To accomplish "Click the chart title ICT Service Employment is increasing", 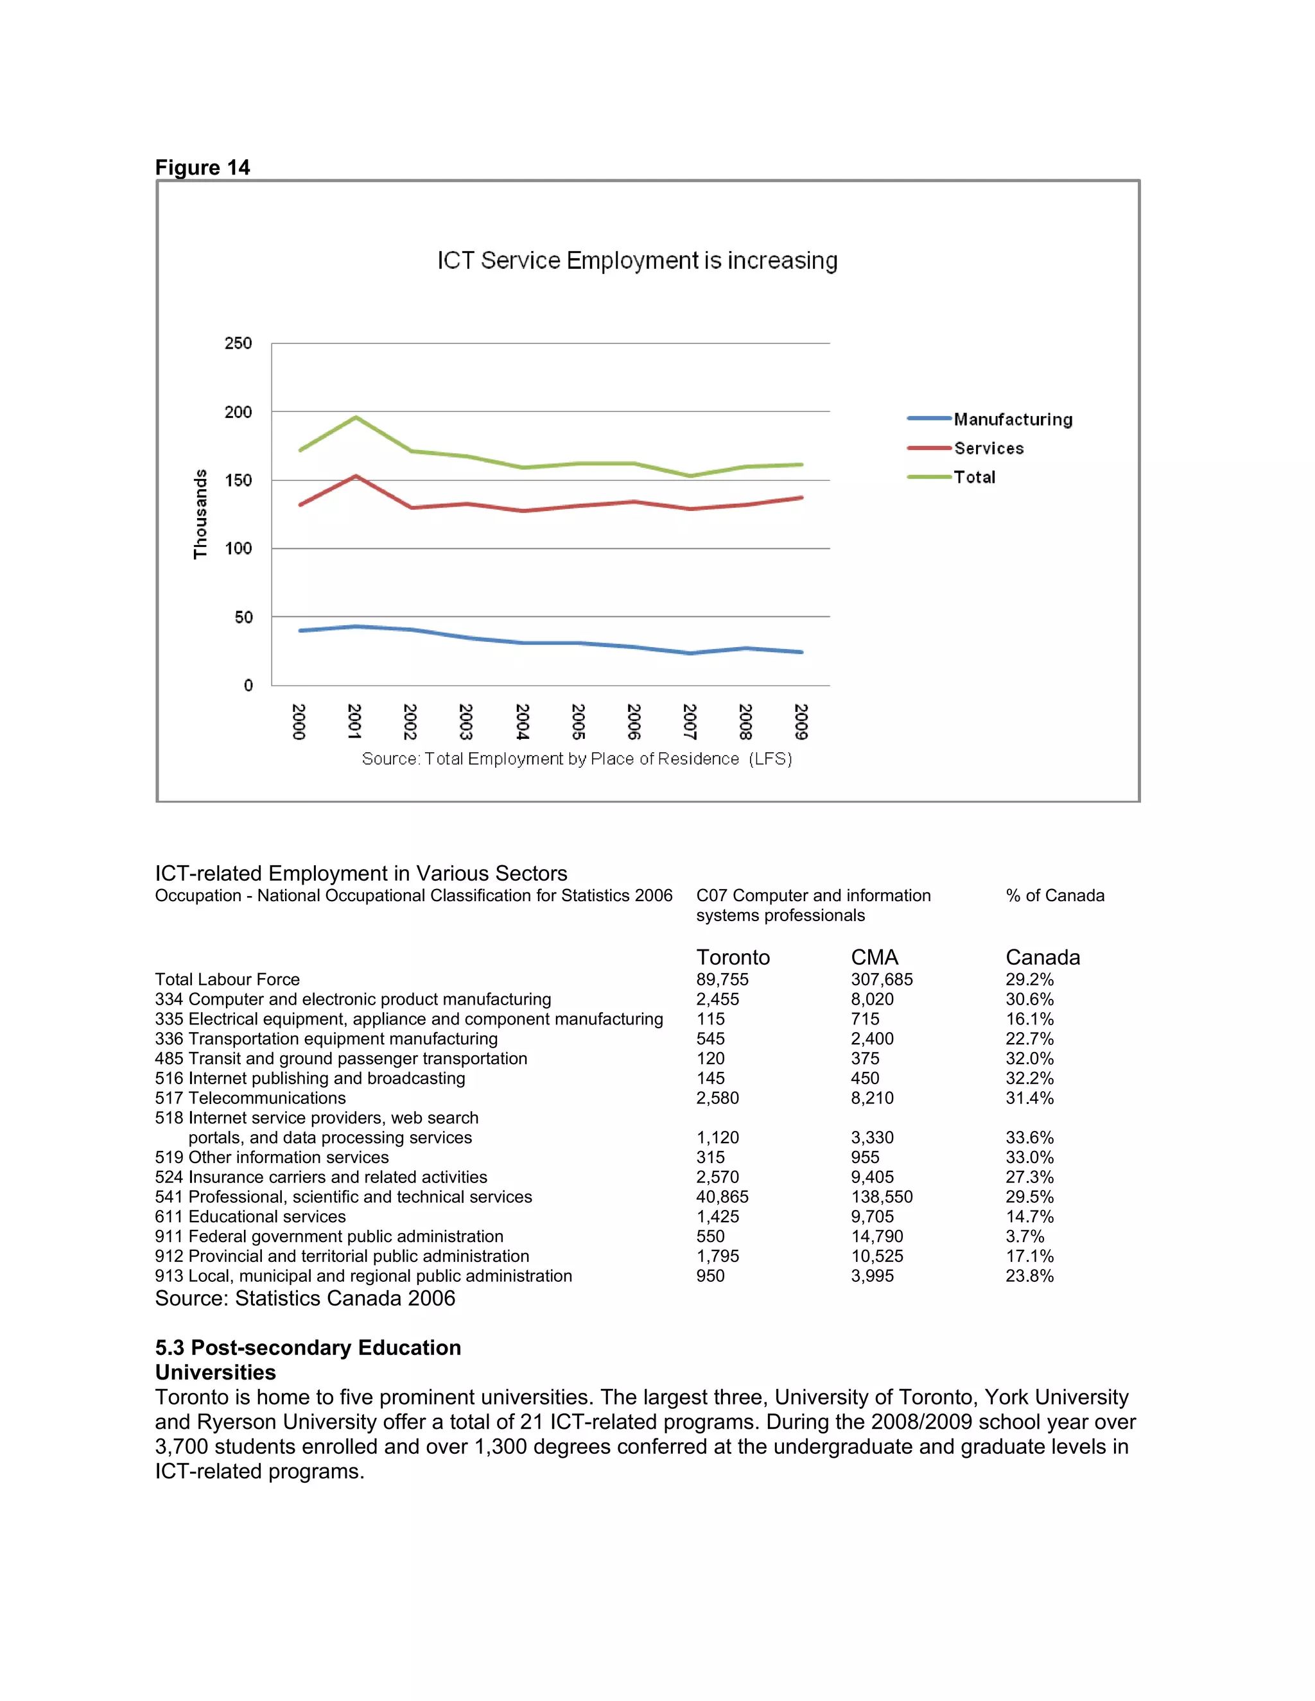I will [636, 260].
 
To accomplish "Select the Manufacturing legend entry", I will [1012, 419].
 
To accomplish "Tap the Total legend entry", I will [974, 477].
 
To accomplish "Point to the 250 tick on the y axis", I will [238, 343].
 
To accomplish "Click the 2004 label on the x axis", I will [522, 721].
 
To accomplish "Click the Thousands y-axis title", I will [200, 514].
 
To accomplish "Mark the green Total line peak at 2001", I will [356, 417].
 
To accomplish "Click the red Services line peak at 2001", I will [356, 476].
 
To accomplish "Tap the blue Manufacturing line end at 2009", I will [801, 652].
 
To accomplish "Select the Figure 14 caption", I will [202, 168].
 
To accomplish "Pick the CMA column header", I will [874, 956].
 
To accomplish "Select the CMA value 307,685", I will [881, 979].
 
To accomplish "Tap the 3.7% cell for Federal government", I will [1023, 1236].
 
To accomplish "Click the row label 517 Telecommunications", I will [250, 1098].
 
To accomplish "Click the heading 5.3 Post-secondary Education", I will [308, 1347].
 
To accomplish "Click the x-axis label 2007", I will [690, 721].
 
